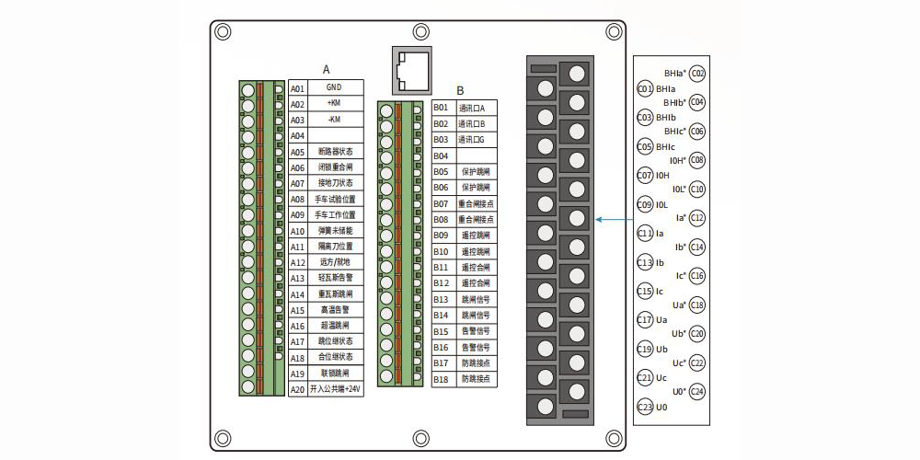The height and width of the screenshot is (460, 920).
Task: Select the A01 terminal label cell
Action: [297, 88]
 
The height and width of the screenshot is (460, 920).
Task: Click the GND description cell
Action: [333, 88]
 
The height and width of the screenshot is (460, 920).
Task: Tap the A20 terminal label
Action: [297, 389]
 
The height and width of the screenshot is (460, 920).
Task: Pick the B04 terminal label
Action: [441, 155]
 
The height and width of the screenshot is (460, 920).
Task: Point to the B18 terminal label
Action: [441, 378]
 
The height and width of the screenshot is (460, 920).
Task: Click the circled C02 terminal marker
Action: [697, 74]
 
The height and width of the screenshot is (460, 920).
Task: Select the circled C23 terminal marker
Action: [645, 407]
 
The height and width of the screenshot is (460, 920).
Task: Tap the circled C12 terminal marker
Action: [697, 218]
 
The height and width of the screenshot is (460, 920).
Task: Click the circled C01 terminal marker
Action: [645, 88]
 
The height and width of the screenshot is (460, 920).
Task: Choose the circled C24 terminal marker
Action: [697, 391]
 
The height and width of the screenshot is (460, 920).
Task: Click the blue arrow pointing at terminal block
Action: [616, 220]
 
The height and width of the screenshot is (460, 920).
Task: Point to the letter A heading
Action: [326, 69]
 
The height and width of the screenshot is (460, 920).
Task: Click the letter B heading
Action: [460, 91]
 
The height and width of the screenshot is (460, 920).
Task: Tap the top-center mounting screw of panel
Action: [420, 30]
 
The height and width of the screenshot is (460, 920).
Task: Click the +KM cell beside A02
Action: [333, 104]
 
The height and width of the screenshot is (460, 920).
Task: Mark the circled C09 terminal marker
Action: [645, 204]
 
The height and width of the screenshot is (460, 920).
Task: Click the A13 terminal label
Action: [297, 278]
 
